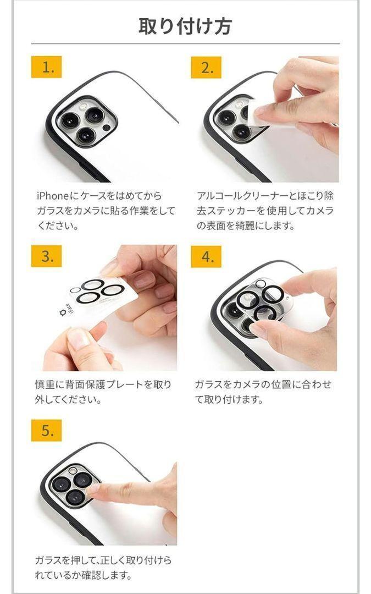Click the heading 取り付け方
[185, 26]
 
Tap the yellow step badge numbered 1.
[47, 67]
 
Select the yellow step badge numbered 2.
[206, 67]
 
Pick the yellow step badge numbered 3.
[47, 256]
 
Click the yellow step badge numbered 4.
[206, 256]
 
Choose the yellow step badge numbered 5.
[47, 430]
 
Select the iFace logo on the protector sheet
[67, 308]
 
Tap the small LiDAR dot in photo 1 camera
[107, 127]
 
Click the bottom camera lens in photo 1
[87, 135]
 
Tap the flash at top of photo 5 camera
[73, 470]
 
